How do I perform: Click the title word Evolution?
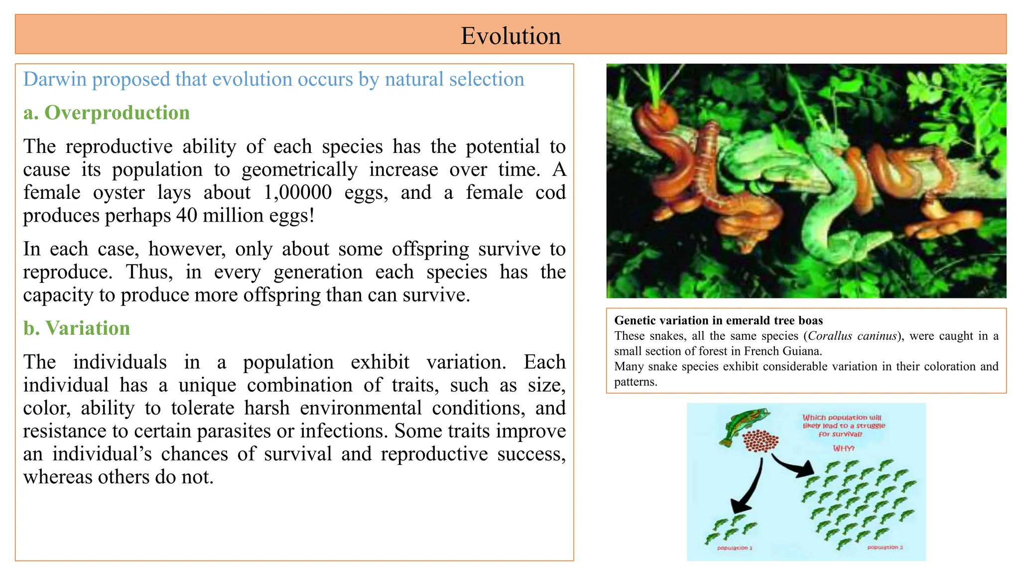click(x=510, y=36)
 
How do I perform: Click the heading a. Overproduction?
click(x=107, y=113)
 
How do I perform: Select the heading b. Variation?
click(x=77, y=328)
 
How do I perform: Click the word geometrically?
click(x=299, y=170)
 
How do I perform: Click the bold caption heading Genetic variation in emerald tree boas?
click(x=718, y=320)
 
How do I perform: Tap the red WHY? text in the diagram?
click(x=844, y=448)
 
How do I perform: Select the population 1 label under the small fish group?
click(x=735, y=548)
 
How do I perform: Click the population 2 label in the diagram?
click(x=885, y=548)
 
